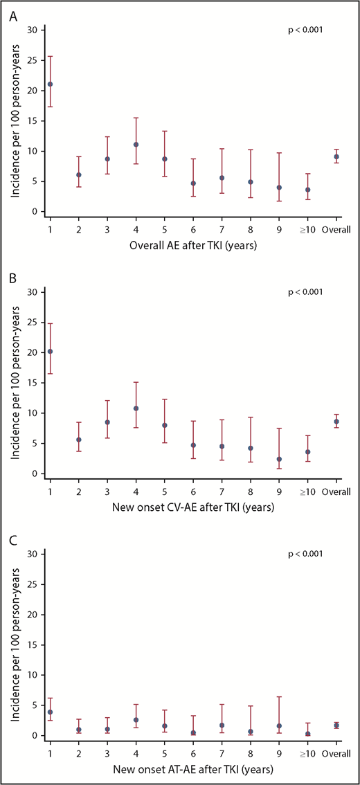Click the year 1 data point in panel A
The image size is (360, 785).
(50, 84)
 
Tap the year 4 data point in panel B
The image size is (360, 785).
(136, 408)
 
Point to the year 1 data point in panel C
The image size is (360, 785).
(50, 712)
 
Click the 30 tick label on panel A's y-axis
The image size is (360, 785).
(32, 30)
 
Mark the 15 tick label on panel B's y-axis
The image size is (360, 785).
(32, 383)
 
